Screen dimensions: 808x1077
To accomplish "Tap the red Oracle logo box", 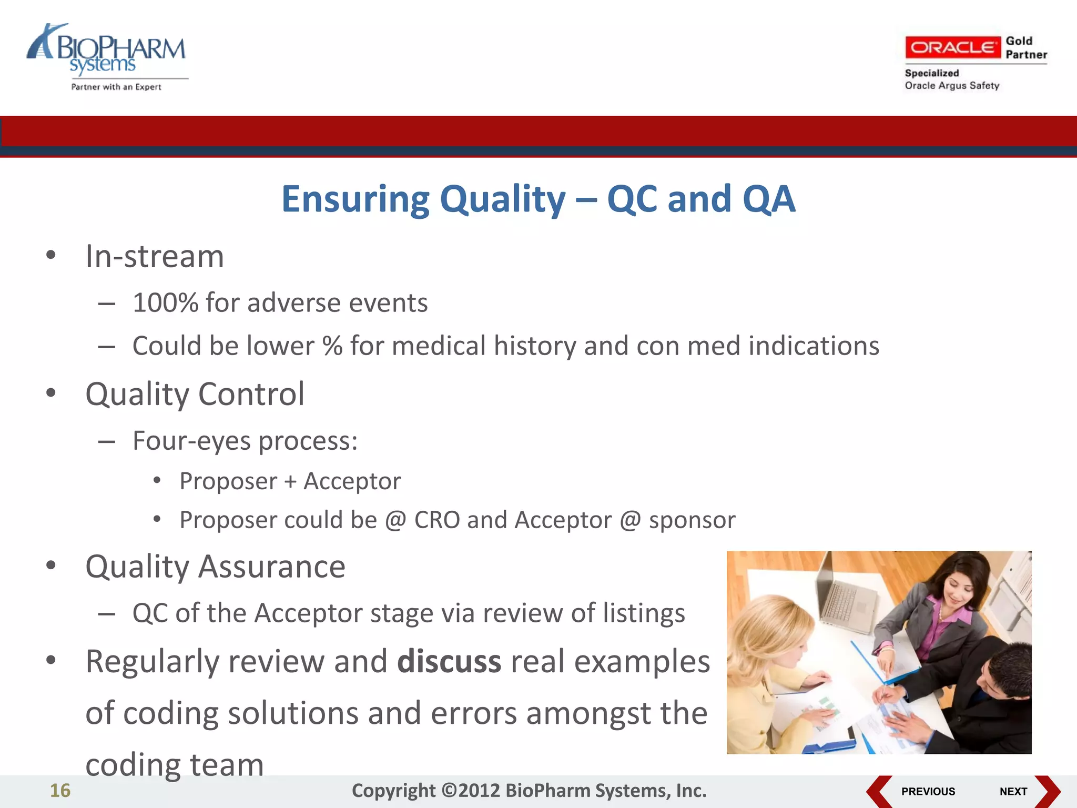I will (x=952, y=48).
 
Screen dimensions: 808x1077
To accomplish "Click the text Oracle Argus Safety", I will (x=951, y=86).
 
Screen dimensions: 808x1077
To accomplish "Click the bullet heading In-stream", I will (x=155, y=257).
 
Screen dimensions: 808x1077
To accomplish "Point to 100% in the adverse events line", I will (x=165, y=303).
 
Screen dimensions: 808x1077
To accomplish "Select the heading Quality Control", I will (x=195, y=394).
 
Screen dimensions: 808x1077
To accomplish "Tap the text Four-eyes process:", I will (x=245, y=441).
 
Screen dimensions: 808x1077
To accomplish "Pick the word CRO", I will (x=436, y=520).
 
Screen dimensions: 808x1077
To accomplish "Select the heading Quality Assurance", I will (x=215, y=567).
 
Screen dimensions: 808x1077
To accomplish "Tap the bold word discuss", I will (x=449, y=662).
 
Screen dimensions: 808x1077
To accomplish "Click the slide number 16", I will (x=60, y=791).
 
